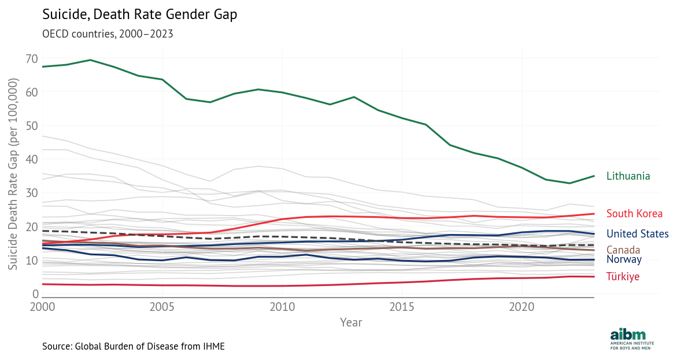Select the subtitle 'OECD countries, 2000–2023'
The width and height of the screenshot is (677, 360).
point(108,34)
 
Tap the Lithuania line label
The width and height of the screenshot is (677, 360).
point(628,176)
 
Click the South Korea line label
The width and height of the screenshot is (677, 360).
point(634,214)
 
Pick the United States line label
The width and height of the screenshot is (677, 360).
point(637,234)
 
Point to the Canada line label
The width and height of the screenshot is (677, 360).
point(623,250)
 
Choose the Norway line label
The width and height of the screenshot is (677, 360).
point(624,259)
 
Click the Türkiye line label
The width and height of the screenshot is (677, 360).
point(623,277)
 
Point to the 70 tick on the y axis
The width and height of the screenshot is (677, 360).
point(32,59)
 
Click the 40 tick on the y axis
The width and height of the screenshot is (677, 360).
point(32,159)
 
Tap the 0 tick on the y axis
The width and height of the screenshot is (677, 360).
point(35,294)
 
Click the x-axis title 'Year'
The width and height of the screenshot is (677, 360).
point(351,322)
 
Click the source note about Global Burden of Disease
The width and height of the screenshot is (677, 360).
point(133,346)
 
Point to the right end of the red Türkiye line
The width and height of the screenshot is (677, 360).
point(594,276)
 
